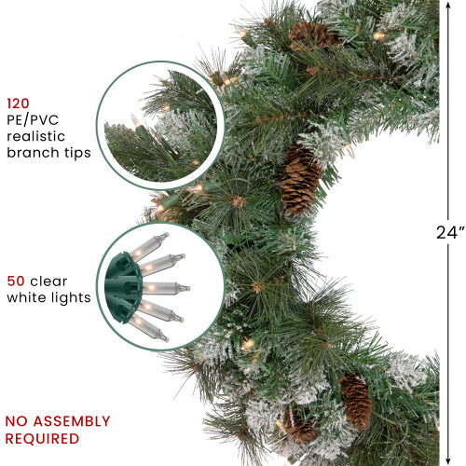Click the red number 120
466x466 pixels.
20,104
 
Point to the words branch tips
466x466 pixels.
48,153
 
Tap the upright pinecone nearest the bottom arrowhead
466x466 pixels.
356,401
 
